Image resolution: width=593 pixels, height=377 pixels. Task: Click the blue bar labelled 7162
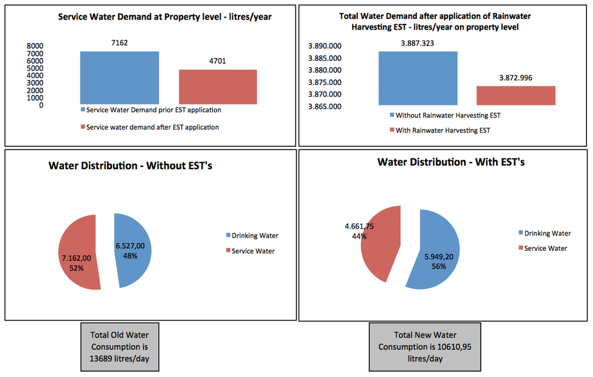coord(119,78)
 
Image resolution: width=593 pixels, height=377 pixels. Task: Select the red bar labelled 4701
coord(218,87)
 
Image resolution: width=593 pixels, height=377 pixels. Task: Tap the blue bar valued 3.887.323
coord(418,78)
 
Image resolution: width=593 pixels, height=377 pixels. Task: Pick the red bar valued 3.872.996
coord(516,96)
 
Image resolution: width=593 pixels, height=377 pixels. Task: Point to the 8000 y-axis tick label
coord(35,46)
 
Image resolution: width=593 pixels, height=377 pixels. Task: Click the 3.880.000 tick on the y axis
coord(324,70)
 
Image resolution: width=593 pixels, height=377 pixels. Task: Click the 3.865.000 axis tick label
coord(324,107)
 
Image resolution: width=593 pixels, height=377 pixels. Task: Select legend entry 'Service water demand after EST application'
coord(152,127)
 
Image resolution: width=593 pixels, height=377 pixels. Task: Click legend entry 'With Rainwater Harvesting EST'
coord(440,130)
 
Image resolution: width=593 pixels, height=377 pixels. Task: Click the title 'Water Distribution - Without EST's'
coord(131,166)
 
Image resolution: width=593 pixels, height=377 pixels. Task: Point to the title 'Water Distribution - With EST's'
coord(451,162)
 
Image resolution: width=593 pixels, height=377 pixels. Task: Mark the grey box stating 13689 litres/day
coord(120,347)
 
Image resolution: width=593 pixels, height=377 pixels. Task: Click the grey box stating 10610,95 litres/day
coord(425,347)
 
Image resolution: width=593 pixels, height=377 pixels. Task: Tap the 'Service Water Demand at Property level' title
coord(165,17)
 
